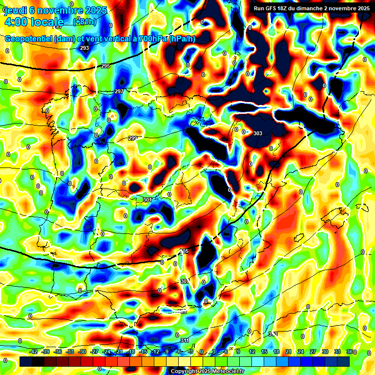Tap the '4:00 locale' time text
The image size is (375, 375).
[34, 21]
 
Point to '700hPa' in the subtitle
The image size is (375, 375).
[151, 39]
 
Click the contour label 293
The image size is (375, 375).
[84, 48]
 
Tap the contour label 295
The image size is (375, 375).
[105, 66]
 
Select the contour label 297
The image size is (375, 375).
[119, 91]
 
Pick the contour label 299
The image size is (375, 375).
[132, 138]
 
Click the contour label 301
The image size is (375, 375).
[147, 200]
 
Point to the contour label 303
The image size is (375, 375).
[258, 133]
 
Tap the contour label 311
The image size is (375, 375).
[184, 340]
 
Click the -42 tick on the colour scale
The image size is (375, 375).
[33, 352]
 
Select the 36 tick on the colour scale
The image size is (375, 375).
[349, 352]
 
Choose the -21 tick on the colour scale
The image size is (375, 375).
[118, 352]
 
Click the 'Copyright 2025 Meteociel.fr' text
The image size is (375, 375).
[207, 371]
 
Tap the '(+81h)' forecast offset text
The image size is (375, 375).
[84, 21]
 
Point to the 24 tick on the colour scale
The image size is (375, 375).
[301, 352]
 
